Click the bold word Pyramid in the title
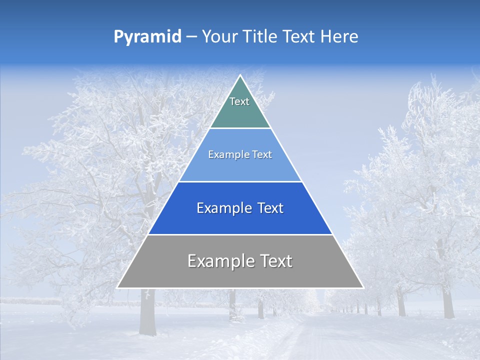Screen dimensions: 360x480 [x=147, y=37]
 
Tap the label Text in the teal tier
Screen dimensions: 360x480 [x=239, y=101]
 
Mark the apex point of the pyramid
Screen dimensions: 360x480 [x=240, y=75]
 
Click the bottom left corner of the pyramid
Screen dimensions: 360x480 [x=117, y=287]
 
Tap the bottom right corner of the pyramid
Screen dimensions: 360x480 [x=362, y=287]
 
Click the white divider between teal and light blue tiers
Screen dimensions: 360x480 [x=240, y=128]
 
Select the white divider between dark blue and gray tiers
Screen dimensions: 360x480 [x=240, y=234]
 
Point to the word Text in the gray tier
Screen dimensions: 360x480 [x=274, y=261]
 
